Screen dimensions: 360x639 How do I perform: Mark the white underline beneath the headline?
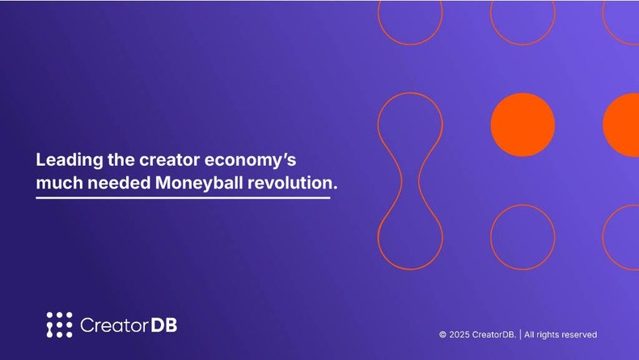(183, 197)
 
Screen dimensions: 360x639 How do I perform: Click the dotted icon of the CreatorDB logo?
(59, 324)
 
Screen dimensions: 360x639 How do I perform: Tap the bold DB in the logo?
(164, 325)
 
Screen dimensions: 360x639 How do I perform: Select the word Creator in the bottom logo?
(114, 325)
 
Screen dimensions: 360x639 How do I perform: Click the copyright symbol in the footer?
(442, 334)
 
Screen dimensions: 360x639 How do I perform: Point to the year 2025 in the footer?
(460, 334)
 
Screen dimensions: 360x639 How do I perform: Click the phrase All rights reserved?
(561, 334)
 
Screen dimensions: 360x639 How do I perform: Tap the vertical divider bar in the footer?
(520, 334)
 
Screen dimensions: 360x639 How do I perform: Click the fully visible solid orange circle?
(523, 125)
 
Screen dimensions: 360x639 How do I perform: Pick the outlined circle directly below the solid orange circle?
(523, 236)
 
